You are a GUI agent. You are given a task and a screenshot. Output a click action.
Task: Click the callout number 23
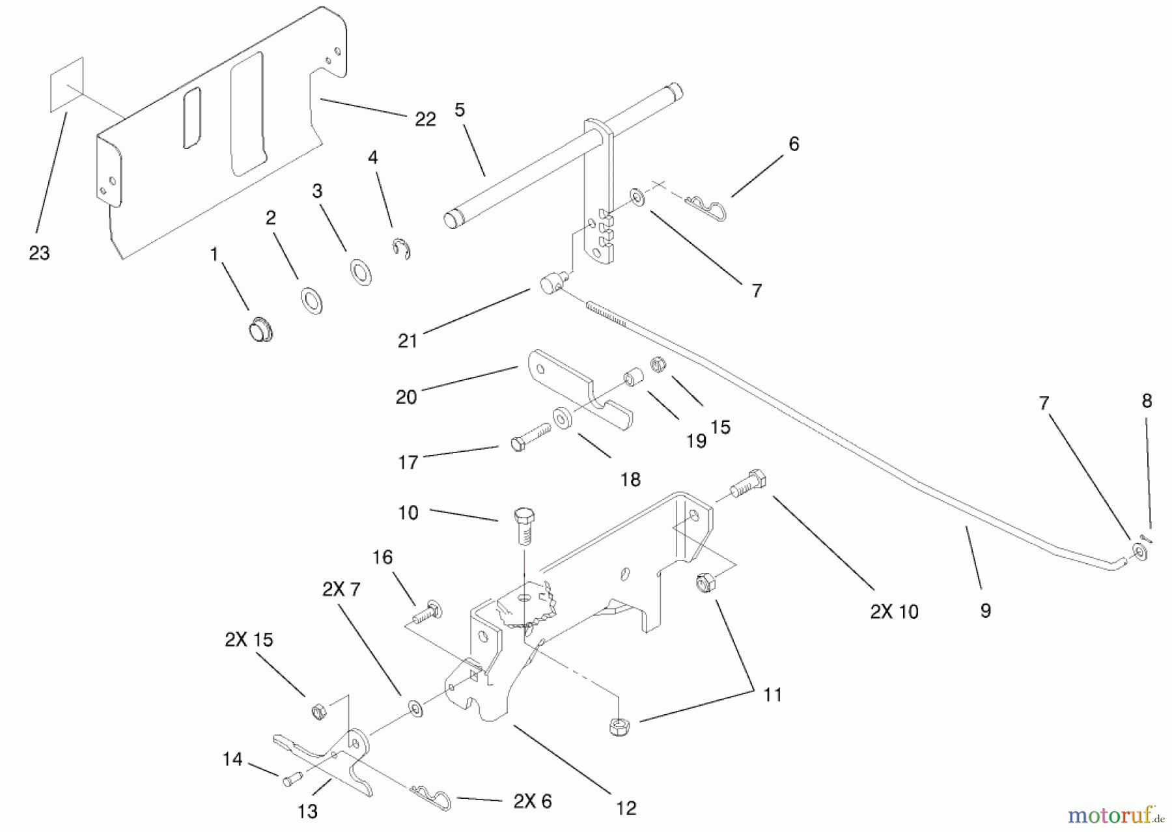coord(39,253)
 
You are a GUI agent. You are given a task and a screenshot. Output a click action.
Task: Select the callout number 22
coord(425,119)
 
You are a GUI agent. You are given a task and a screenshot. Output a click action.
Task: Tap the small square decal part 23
coord(66,85)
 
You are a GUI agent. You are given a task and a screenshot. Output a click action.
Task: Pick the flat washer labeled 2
coord(311,302)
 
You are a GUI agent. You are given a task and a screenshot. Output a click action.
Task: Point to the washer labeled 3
coord(361,271)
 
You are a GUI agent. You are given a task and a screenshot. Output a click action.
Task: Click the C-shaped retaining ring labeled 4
coord(402,249)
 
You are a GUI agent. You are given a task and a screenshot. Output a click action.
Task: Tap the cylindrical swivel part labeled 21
coord(552,284)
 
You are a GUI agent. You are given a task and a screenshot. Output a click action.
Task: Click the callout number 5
coord(460,109)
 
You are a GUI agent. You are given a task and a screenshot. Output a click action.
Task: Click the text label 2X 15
coord(249,639)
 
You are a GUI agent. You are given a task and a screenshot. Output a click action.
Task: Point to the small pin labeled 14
coord(291,779)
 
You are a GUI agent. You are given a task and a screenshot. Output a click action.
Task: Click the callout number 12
coord(625,808)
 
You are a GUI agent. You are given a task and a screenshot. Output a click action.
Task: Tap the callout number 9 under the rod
coord(985,610)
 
